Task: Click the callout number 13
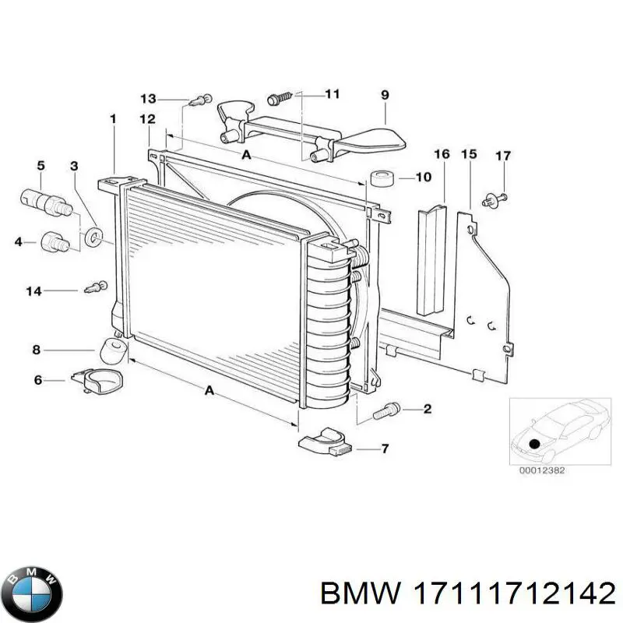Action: [148, 98]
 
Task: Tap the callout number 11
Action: [332, 94]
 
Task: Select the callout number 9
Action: [385, 95]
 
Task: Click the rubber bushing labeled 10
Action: [381, 178]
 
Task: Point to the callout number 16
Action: [442, 154]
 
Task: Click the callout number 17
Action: [502, 156]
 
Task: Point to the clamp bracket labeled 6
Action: [99, 382]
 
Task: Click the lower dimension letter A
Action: [209, 391]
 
